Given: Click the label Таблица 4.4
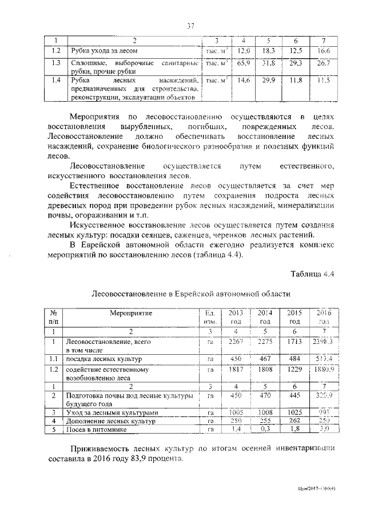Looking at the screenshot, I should pos(312,274).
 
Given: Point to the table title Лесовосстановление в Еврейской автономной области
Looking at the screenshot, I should pos(191,294).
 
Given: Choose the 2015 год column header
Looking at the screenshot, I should pos(295,317).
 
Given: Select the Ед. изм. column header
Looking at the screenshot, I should pos(209,317).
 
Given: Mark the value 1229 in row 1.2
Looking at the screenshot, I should pos(295,370).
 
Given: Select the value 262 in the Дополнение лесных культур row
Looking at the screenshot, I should pos(295,421).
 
